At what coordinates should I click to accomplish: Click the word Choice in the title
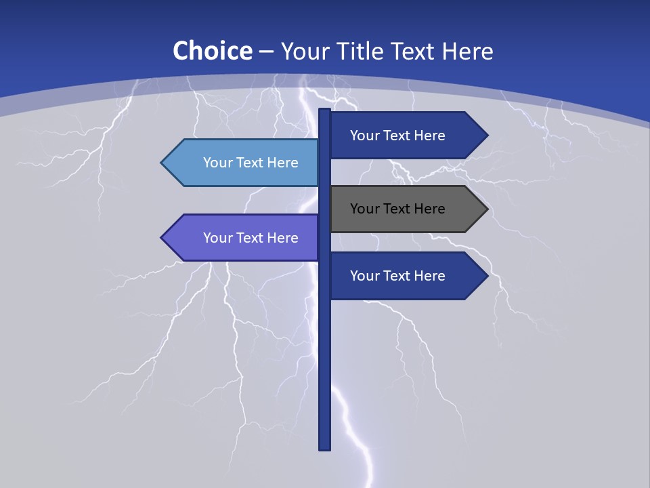[212, 51]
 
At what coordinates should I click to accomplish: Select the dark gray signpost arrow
[406, 209]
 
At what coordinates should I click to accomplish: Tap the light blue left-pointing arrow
[244, 163]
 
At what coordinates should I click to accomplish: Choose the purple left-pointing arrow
[244, 238]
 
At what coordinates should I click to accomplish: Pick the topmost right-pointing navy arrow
[406, 136]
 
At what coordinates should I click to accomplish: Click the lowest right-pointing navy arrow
[406, 276]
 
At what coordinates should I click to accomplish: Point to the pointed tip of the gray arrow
[487, 209]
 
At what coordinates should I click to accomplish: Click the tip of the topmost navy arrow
[487, 136]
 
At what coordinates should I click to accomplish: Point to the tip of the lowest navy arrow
[487, 276]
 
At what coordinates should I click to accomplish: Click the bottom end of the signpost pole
[325, 448]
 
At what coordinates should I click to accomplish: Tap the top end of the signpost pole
[325, 110]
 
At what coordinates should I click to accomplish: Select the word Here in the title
[467, 51]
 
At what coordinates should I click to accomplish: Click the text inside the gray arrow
[397, 209]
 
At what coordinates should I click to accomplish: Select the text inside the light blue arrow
[251, 163]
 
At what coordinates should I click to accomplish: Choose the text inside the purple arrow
[251, 238]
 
